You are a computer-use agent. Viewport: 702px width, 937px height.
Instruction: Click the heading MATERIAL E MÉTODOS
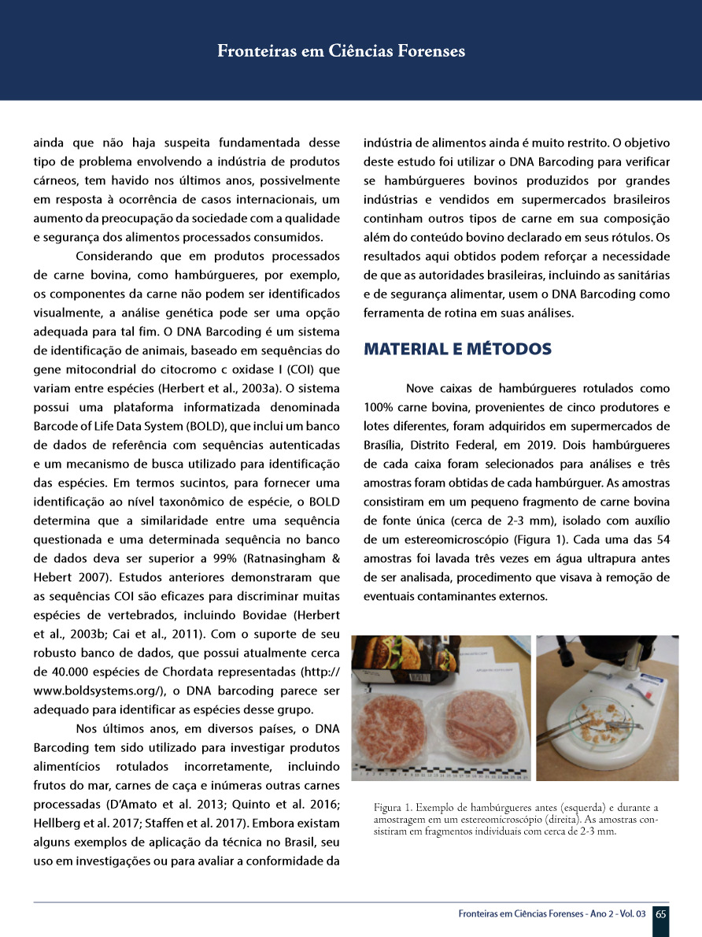coord(457,349)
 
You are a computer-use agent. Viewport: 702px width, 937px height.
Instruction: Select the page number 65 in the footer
coord(661,914)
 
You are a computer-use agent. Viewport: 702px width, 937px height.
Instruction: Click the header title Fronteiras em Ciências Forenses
coord(341,51)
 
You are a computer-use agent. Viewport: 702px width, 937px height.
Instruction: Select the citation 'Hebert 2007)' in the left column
coord(69,577)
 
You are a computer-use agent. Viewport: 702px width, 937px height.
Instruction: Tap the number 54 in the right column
coord(662,539)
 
